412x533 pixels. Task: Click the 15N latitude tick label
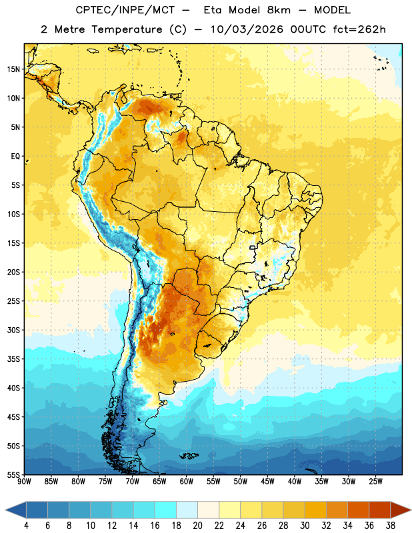click(13, 69)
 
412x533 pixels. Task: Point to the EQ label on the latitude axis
click(15, 157)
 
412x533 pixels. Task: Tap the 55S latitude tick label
click(13, 474)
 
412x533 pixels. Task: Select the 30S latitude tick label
click(13, 330)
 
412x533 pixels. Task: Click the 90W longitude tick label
click(25, 481)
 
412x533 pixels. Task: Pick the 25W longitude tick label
click(375, 481)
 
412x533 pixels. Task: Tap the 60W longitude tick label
click(187, 481)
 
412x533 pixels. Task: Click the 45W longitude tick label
click(268, 481)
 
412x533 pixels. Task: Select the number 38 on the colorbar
click(390, 526)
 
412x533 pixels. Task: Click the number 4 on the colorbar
click(26, 526)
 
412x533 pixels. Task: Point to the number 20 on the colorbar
click(197, 526)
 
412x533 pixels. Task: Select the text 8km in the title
click(279, 10)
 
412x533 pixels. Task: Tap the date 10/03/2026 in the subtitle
click(247, 29)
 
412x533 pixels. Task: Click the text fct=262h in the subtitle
click(359, 29)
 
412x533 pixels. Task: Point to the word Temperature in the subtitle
click(127, 29)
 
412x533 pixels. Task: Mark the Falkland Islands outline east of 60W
click(189, 456)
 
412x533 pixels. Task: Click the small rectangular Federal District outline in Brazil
click(253, 247)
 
